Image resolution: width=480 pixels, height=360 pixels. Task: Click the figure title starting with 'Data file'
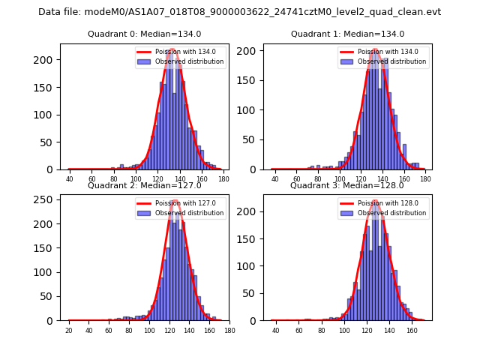pyautogui.click(x=240, y=12)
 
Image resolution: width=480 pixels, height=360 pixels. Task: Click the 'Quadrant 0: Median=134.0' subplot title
pyautogui.click(x=145, y=34)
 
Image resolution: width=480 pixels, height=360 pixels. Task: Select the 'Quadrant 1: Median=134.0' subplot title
pyautogui.click(x=347, y=34)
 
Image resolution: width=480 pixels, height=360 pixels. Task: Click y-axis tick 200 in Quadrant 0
pyautogui.click(x=49, y=60)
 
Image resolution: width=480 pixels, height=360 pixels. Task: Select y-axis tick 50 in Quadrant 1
pyautogui.click(x=253, y=139)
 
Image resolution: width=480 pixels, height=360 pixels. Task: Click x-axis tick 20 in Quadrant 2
pyautogui.click(x=69, y=330)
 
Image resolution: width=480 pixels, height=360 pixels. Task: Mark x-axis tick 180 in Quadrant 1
pyautogui.click(x=425, y=178)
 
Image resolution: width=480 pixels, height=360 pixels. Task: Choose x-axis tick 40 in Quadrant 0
pyautogui.click(x=70, y=178)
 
